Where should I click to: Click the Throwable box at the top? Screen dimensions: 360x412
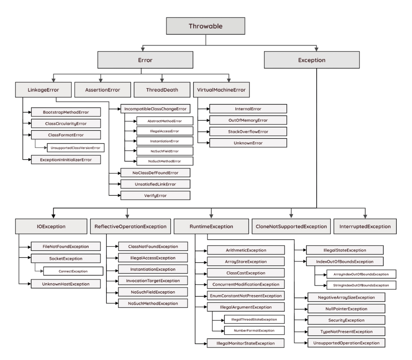[x=205, y=26]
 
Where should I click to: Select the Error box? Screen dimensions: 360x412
[x=145, y=60]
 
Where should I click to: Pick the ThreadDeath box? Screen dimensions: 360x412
[x=162, y=90]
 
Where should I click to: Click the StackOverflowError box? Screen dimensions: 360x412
[x=248, y=132]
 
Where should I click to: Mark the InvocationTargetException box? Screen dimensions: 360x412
[x=146, y=280]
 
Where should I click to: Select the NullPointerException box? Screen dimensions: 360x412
[x=346, y=309]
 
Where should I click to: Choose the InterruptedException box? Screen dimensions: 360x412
[x=365, y=226]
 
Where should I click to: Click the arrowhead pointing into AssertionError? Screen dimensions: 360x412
[x=100, y=80]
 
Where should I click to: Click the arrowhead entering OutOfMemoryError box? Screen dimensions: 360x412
[x=207, y=120]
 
